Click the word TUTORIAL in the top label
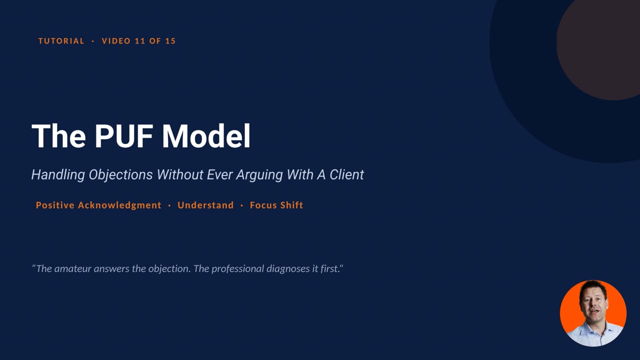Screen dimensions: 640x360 point(61,41)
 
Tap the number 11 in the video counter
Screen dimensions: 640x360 point(140,41)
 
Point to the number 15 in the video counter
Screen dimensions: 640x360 point(170,41)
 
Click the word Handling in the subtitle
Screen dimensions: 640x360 point(58,175)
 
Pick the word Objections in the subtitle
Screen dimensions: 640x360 point(120,175)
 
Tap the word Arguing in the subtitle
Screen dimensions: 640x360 point(259,175)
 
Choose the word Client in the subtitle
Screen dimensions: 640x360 point(346,174)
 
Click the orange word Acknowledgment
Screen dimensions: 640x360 point(119,205)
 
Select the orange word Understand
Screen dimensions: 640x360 point(205,205)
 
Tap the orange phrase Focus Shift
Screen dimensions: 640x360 point(276,205)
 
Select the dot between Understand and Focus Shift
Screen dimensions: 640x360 point(241,205)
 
